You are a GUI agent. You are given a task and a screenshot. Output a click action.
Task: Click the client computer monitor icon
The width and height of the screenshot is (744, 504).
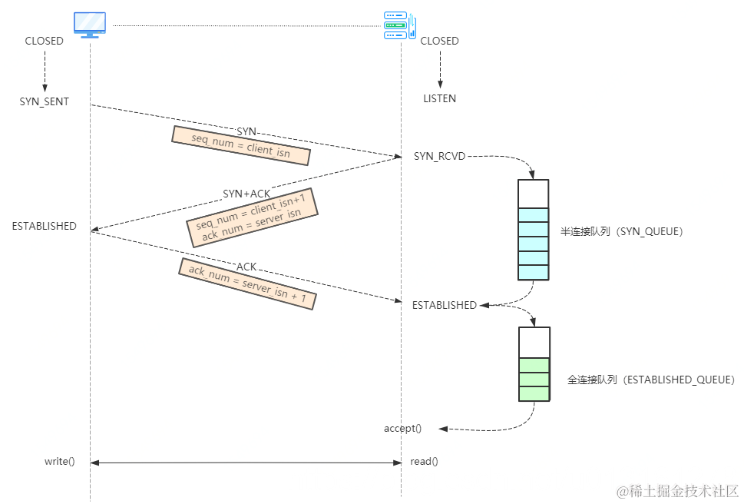click(x=90, y=25)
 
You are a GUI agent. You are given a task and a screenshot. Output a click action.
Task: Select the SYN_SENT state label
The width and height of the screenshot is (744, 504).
click(x=45, y=101)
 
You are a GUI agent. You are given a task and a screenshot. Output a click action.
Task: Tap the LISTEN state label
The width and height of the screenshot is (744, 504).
click(x=439, y=98)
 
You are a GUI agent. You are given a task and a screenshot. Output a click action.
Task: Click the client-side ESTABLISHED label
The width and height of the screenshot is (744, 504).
click(x=45, y=226)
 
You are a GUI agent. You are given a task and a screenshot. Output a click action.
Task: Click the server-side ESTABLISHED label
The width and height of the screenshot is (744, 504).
click(x=445, y=305)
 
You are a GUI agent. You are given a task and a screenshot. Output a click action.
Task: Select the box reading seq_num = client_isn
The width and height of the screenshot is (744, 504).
click(x=240, y=146)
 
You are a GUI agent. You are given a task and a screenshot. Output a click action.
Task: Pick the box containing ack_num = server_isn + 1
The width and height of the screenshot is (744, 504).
click(x=247, y=283)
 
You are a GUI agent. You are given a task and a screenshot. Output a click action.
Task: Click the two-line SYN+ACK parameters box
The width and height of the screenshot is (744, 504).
click(x=252, y=217)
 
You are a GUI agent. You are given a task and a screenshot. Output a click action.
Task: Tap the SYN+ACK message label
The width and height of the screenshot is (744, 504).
click(x=246, y=194)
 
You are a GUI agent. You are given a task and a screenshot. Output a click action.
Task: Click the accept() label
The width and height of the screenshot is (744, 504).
click(x=402, y=428)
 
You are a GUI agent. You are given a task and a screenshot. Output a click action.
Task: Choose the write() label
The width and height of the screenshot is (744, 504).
click(x=59, y=462)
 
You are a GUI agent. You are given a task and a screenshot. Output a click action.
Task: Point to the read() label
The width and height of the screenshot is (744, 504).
click(x=425, y=462)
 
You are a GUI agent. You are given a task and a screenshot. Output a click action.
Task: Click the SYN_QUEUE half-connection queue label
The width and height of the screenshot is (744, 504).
click(x=621, y=230)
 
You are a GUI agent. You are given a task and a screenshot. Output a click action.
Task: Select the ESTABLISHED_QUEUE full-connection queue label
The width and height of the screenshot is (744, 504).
click(x=651, y=380)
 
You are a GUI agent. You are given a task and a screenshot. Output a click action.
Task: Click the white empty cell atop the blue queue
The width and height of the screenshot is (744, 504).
click(x=533, y=194)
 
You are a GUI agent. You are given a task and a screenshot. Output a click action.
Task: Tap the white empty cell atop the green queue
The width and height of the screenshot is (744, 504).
click(x=534, y=343)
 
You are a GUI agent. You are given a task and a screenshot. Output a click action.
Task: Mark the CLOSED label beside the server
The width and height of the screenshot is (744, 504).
click(x=439, y=41)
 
